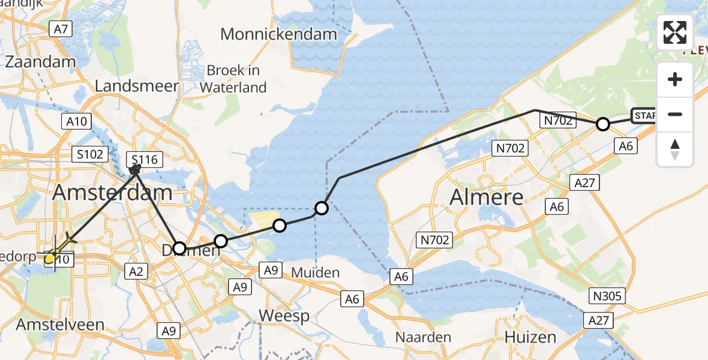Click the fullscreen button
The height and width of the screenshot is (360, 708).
click(675, 32)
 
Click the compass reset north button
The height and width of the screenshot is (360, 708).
click(675, 149)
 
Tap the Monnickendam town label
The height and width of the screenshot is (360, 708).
click(278, 34)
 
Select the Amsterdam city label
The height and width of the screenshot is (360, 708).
click(113, 193)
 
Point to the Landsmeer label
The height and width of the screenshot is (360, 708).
click(137, 86)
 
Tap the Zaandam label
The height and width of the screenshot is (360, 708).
click(40, 61)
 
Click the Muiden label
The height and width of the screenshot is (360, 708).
click(315, 273)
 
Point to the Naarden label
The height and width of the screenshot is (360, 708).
click(423, 337)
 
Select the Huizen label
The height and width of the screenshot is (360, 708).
click(530, 337)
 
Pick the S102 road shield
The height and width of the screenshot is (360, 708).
click(91, 154)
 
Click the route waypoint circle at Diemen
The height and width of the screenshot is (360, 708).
click(179, 248)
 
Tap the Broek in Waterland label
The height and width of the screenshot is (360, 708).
click(233, 79)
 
